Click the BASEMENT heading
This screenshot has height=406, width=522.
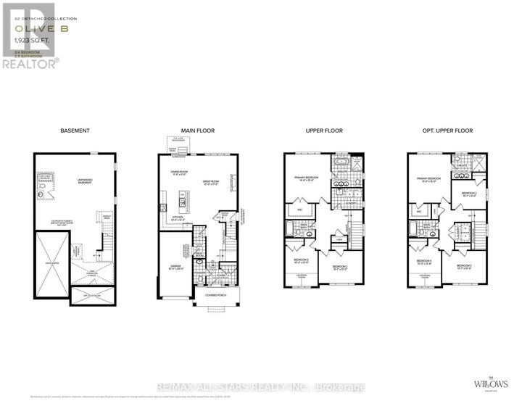(75, 130)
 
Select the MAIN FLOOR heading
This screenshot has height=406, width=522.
(198, 130)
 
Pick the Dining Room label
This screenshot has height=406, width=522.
(180, 173)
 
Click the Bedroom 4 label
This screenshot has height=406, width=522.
(423, 261)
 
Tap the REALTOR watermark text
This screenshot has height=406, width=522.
(30, 63)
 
